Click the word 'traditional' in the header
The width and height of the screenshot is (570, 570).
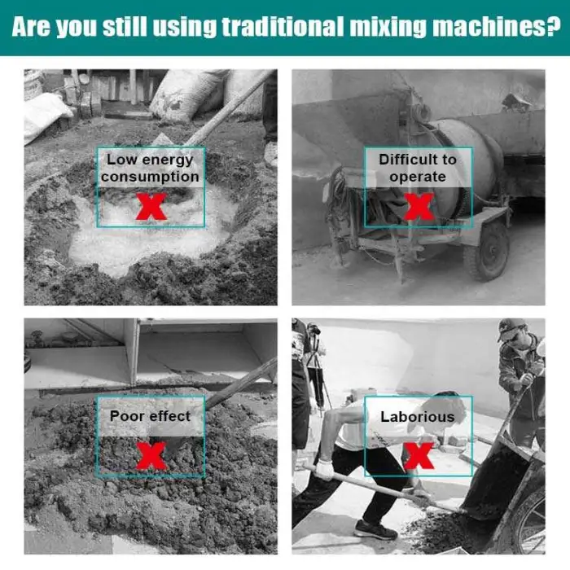point(283,27)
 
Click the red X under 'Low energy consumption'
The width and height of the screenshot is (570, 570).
point(151,206)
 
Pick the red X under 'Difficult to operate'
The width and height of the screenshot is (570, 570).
point(419,206)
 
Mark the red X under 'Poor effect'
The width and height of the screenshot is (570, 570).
point(151,456)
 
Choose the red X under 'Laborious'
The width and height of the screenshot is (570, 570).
point(419,456)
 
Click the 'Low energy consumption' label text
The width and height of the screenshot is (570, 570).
point(150,168)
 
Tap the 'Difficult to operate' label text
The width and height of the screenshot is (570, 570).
point(418,168)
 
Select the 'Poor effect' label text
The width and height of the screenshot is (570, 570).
point(150,416)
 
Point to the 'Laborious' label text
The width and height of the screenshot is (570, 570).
point(418,417)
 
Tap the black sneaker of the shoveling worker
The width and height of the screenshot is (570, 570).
point(375,529)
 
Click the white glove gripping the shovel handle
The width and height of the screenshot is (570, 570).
point(325,469)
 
